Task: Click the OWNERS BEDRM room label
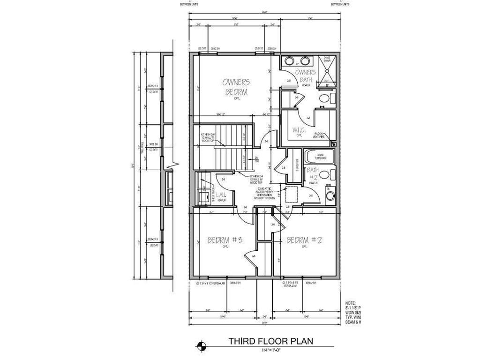pyautogui.click(x=237, y=87)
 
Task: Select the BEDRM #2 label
pyautogui.click(x=303, y=240)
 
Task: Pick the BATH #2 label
pyautogui.click(x=313, y=173)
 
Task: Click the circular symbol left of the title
pyautogui.click(x=201, y=346)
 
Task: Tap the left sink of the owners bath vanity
pyautogui.click(x=290, y=60)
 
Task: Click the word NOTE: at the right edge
pyautogui.click(x=350, y=303)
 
